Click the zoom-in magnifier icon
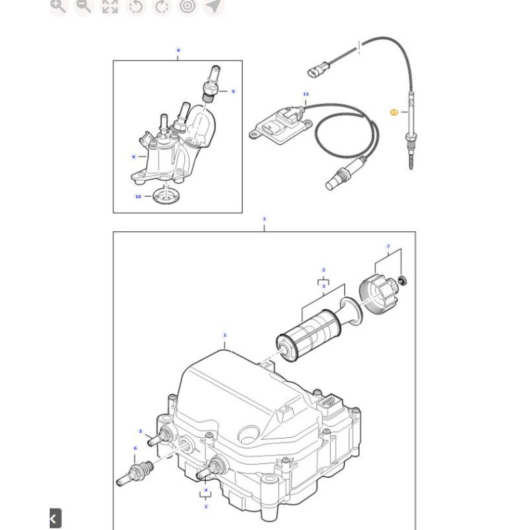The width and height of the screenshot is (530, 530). tap(58, 7)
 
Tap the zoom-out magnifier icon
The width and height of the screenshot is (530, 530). tap(83, 7)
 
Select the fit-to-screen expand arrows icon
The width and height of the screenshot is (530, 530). tap(109, 7)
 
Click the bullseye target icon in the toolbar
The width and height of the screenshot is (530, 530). tap(188, 7)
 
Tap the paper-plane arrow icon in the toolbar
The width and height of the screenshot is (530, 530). tap(213, 7)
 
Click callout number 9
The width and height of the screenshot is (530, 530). tap(233, 91)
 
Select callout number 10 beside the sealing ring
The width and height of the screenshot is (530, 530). tap(138, 196)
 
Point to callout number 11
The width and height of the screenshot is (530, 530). tap(306, 94)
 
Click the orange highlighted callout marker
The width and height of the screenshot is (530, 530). tap(394, 113)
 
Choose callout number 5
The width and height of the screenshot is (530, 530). tap(140, 431)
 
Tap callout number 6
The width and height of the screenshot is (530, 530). tap(135, 449)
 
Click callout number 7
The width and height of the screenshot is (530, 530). tap(389, 246)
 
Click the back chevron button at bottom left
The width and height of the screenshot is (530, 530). tap(54, 518)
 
